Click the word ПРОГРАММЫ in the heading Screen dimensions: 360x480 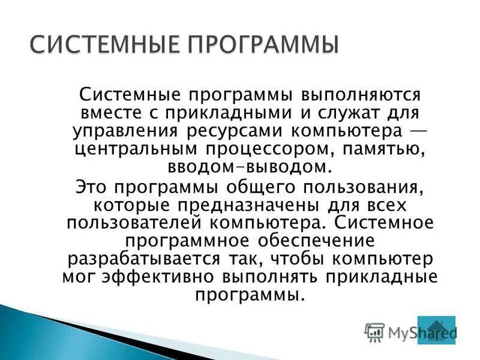[252, 46]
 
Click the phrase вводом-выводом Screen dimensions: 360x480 [251, 166]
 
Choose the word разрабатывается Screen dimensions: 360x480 [151, 259]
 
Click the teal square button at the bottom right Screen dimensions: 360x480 [436, 330]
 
